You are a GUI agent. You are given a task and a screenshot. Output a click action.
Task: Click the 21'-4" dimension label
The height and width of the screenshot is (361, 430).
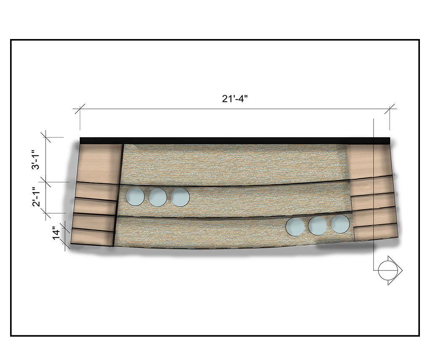[x=235, y=99]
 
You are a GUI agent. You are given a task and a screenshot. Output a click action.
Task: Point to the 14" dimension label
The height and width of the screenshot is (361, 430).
[x=56, y=233]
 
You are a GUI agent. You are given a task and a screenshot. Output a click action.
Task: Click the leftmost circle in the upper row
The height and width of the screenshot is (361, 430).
[x=135, y=196]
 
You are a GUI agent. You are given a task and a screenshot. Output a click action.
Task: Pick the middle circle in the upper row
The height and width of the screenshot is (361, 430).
[x=158, y=197]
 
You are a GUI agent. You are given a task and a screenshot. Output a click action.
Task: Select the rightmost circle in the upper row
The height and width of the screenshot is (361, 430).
[x=180, y=197]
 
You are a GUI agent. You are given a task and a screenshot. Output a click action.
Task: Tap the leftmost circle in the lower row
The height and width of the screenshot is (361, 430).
[x=295, y=227]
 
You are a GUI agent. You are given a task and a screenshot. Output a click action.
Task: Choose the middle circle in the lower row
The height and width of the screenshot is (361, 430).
[x=317, y=225]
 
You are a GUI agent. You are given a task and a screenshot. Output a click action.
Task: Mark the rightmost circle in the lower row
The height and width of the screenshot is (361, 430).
[x=340, y=224]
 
